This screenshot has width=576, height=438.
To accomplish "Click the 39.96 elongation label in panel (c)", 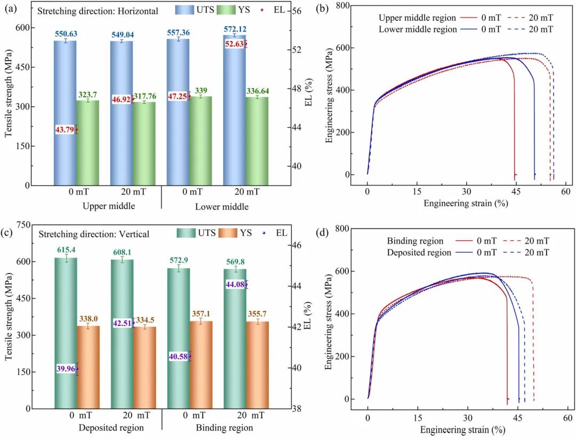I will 65,369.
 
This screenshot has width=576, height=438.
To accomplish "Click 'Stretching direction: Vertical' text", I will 93,234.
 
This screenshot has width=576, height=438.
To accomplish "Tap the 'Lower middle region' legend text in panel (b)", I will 418,29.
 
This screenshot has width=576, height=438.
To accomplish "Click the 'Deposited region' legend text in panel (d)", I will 418,252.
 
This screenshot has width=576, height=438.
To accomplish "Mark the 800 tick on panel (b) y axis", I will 342,5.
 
